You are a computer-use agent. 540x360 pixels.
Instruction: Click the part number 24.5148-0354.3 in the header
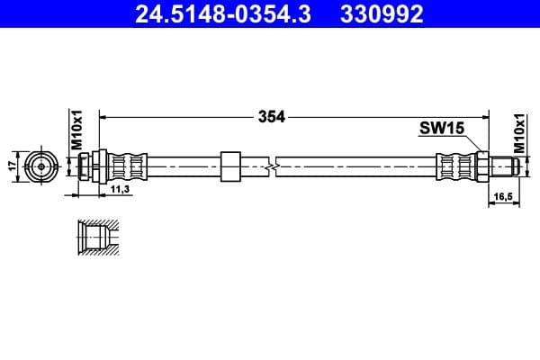[222, 14]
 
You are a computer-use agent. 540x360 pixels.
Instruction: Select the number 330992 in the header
[379, 14]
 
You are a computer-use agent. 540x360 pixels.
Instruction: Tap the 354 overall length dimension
[271, 116]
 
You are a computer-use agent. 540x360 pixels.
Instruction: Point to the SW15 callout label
[441, 129]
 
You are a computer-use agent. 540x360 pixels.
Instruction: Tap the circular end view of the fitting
[39, 166]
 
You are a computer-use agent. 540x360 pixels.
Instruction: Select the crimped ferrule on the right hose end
[454, 166]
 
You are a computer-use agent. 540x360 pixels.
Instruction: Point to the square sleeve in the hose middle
[230, 166]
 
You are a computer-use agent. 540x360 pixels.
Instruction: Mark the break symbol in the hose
[271, 166]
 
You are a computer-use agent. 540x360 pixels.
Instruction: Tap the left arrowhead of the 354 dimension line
[102, 116]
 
